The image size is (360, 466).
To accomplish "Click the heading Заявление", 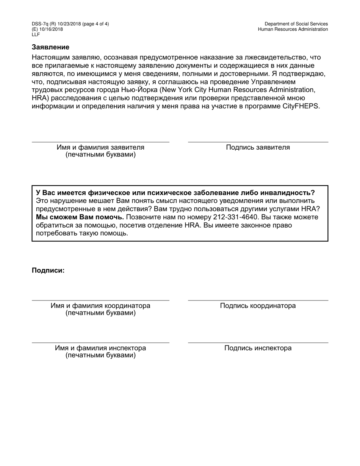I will point(50,47).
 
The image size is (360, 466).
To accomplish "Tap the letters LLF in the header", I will point(36,34).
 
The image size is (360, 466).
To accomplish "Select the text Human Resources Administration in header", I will point(293,29).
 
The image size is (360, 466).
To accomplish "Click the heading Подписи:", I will point(48,271).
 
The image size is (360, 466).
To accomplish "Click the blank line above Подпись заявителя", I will point(258,142).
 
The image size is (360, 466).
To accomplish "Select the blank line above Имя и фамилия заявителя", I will point(100,142).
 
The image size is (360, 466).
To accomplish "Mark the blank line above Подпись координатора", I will point(258,300).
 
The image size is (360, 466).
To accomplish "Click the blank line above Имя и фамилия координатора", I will point(100,300).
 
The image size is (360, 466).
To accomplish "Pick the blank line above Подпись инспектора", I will point(258,343).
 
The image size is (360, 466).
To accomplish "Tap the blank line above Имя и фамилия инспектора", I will point(100,343).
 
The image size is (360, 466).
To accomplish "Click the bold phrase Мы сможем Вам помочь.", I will point(80,217).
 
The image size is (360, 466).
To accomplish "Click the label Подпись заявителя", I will point(258,147).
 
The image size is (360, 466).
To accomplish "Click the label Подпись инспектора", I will point(258,348).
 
